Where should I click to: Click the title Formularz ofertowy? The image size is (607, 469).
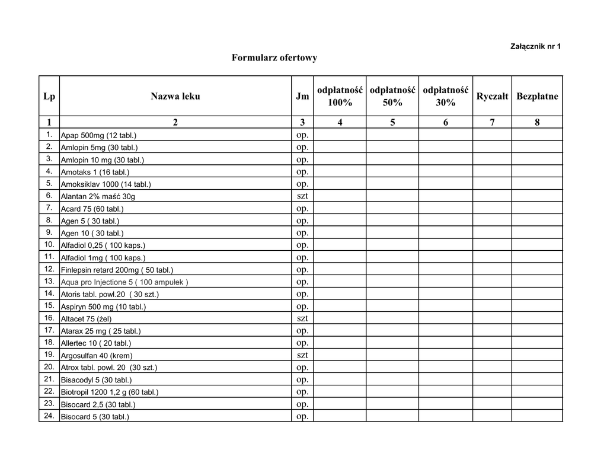(x=274, y=58)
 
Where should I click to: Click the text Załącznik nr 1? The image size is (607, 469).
(x=535, y=46)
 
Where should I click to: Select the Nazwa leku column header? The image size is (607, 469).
(x=175, y=96)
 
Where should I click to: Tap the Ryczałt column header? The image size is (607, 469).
(x=492, y=96)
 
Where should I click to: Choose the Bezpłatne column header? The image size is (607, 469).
(x=537, y=96)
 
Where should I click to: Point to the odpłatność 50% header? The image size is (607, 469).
(x=392, y=96)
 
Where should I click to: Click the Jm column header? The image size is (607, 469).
(x=302, y=96)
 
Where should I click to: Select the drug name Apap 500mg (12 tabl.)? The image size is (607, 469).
(x=99, y=136)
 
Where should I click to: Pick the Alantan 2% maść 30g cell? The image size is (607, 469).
(x=98, y=196)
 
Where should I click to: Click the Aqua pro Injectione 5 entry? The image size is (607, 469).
(x=124, y=282)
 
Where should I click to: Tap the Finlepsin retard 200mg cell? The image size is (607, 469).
(x=117, y=270)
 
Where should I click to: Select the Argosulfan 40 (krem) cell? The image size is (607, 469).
(x=97, y=356)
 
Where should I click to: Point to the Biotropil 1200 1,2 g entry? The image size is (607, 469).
(x=110, y=392)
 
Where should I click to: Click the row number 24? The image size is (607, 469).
(x=49, y=416)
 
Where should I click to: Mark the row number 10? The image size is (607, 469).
(x=49, y=244)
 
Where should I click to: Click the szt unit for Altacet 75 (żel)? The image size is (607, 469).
(x=302, y=318)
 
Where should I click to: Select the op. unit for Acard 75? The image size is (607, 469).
(x=302, y=208)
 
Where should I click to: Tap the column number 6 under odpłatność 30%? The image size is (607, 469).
(x=445, y=122)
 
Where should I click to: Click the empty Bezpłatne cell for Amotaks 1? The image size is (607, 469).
(x=537, y=171)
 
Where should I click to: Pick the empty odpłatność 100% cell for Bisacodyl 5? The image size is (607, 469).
(x=340, y=379)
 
